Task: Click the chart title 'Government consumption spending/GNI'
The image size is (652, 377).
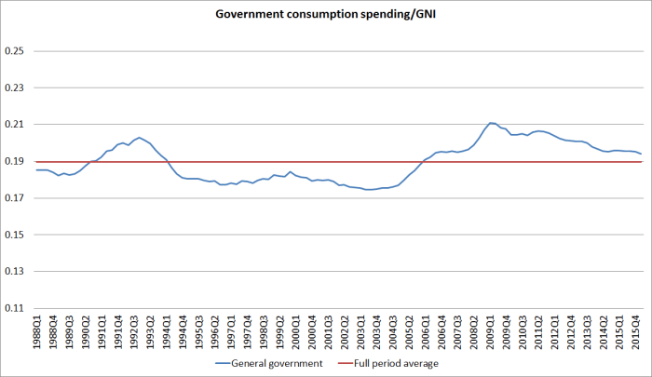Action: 325,15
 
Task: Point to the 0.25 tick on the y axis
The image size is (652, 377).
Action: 14,51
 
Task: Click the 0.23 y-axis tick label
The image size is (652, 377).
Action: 14,88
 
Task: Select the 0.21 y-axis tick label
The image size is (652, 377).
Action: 14,125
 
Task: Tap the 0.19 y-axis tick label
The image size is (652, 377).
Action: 14,161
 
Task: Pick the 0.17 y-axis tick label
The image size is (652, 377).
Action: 14,198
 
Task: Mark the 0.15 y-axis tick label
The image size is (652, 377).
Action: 14,235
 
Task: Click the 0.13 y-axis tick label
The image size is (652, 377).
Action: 14,272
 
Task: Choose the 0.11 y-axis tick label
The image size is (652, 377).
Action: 14,308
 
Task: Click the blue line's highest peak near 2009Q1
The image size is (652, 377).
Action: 491,123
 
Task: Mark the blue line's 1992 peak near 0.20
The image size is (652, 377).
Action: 139,138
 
